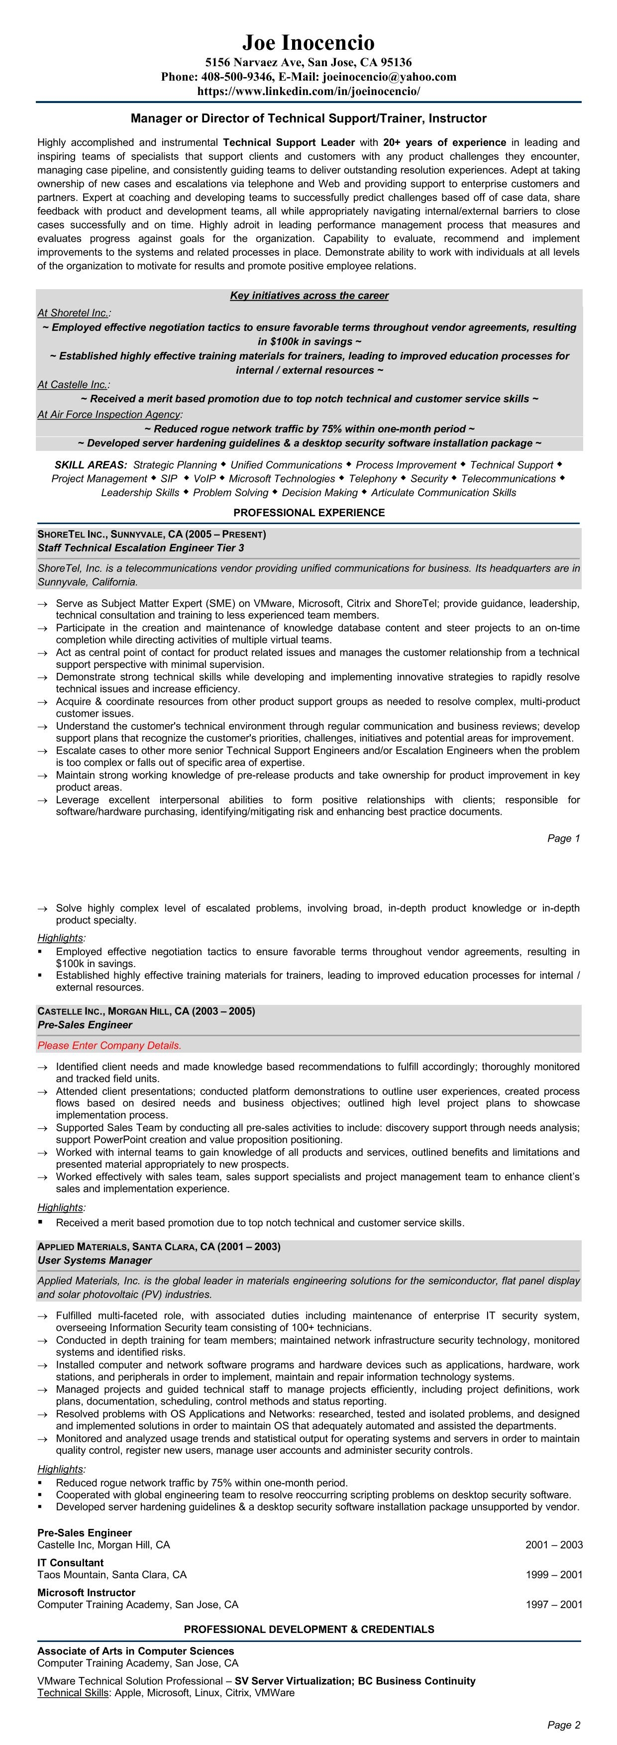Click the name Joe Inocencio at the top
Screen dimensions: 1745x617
[308, 43]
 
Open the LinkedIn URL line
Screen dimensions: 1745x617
[308, 90]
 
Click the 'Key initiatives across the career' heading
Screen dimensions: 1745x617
[309, 295]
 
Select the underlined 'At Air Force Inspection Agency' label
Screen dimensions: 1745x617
[108, 414]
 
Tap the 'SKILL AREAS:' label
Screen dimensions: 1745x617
[91, 465]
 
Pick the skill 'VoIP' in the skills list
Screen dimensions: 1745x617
[205, 478]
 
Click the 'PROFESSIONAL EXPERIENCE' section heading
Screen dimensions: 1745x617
[309, 513]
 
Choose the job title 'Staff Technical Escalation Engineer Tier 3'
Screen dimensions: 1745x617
[141, 547]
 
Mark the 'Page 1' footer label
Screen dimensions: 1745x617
[563, 838]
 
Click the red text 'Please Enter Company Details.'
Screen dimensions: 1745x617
[109, 1045]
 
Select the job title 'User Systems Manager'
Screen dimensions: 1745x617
[94, 1260]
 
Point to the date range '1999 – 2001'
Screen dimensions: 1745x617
[553, 1574]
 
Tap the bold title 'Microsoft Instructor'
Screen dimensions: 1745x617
[86, 1592]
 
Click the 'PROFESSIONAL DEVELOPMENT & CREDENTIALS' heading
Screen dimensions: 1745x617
[309, 1629]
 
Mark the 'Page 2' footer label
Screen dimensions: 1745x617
[563, 1725]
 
